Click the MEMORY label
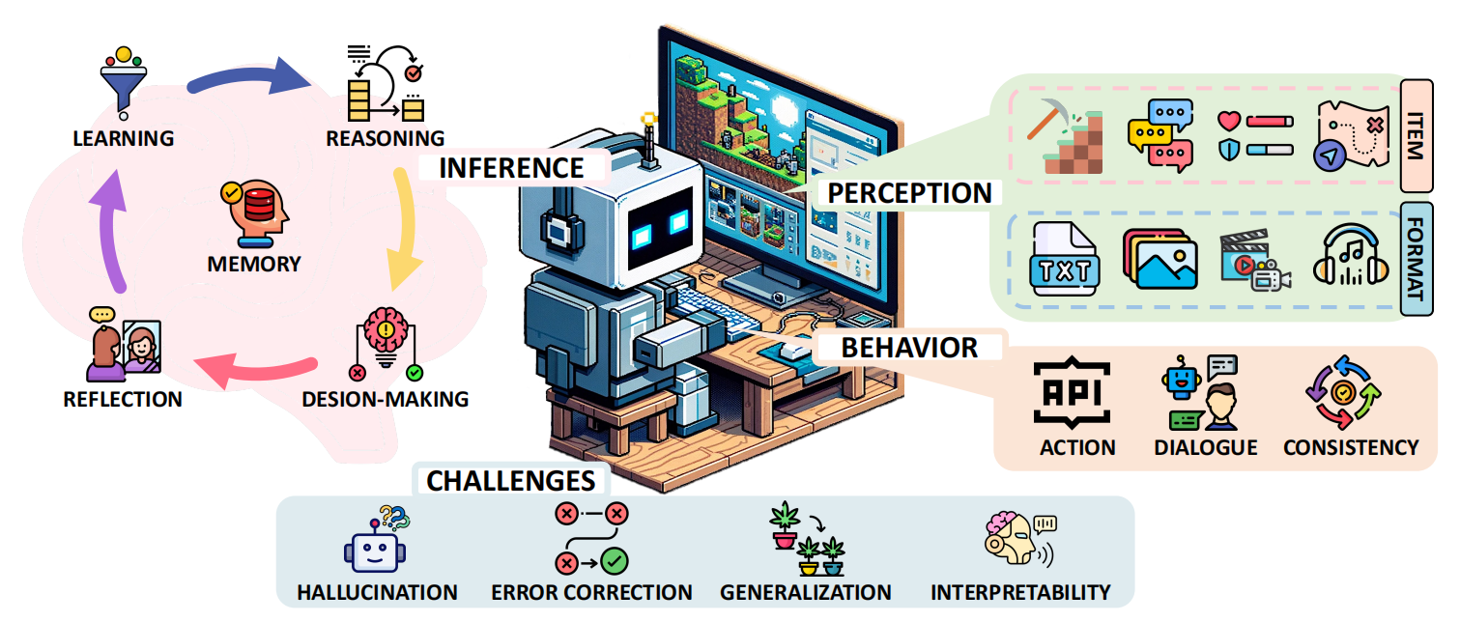[x=254, y=264]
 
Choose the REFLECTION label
[x=123, y=399]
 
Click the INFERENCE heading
[x=511, y=167]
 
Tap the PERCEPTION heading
[x=909, y=193]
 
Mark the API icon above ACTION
[x=1073, y=392]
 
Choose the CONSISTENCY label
[x=1351, y=447]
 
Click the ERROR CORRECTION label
[x=591, y=592]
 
